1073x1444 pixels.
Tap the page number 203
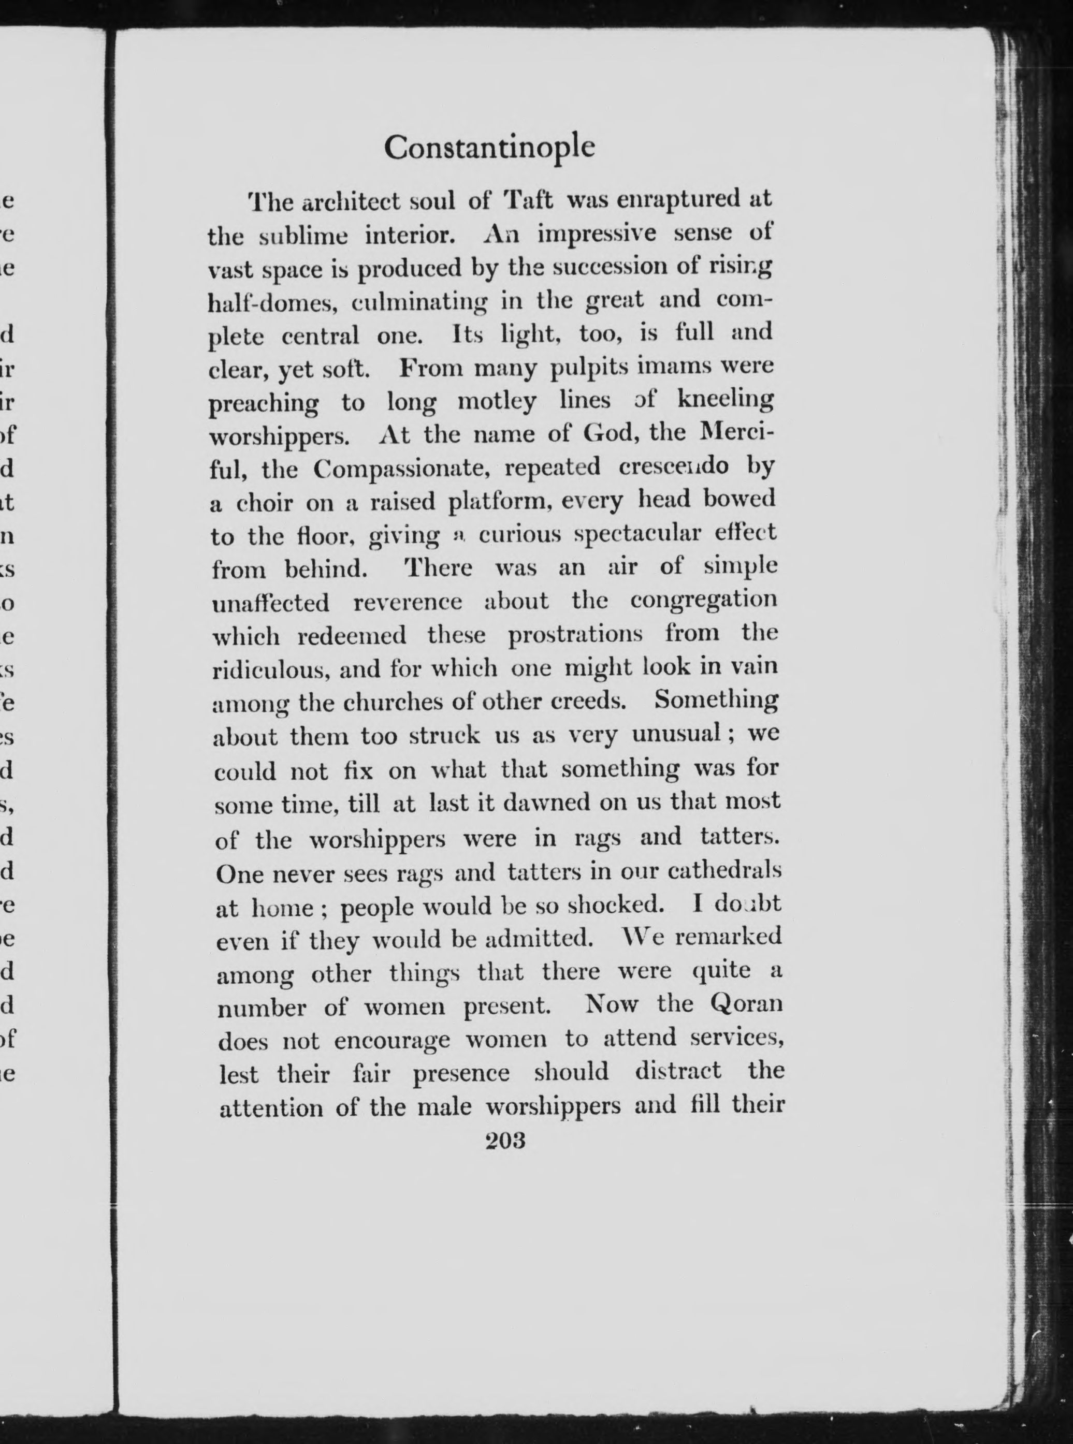[x=505, y=1141]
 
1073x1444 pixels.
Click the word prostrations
[x=575, y=634]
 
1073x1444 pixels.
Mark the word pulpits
[x=588, y=368]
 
